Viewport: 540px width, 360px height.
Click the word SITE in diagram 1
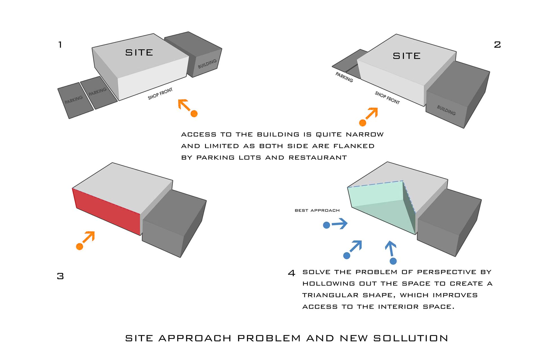click(139, 53)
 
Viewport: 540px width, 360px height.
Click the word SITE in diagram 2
click(407, 56)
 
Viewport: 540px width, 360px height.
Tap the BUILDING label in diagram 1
click(207, 64)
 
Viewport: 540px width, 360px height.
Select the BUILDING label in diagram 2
click(446, 110)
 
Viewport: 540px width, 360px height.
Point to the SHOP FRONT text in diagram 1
click(160, 94)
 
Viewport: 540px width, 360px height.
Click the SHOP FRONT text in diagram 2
click(387, 98)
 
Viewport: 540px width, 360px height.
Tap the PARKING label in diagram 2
click(344, 77)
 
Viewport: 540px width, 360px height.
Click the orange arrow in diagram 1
click(188, 108)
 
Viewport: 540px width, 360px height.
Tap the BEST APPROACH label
click(317, 210)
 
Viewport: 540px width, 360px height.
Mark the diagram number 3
click(60, 276)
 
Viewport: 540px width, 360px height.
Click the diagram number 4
click(292, 273)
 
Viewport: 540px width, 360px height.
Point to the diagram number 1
click(60, 45)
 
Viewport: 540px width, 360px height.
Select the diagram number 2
click(497, 45)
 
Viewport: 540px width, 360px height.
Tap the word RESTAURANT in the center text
click(318, 157)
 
